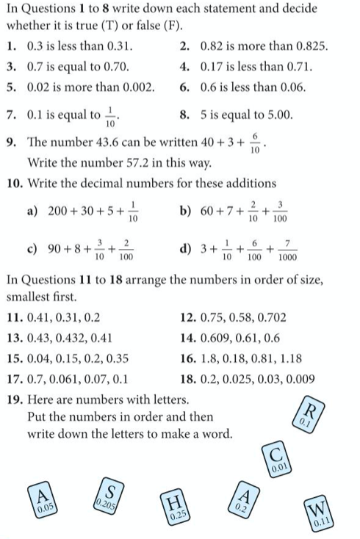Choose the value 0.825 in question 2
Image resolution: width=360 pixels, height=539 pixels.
tap(312, 47)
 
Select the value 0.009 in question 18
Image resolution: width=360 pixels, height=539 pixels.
tap(301, 380)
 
